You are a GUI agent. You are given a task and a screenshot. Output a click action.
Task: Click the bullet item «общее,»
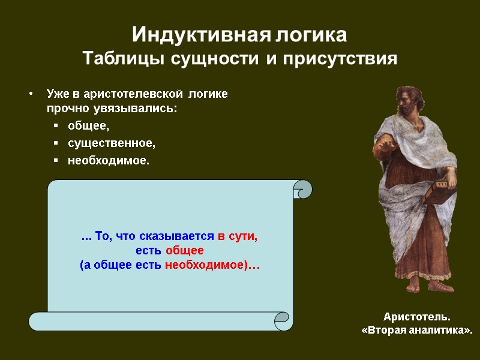click(x=89, y=125)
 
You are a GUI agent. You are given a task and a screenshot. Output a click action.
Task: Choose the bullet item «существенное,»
click(x=111, y=143)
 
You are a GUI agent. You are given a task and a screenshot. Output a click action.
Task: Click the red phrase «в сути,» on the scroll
click(x=238, y=236)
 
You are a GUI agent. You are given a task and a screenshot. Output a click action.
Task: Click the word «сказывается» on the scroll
click(x=185, y=236)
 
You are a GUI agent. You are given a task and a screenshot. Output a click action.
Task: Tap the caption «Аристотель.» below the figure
click(x=416, y=317)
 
